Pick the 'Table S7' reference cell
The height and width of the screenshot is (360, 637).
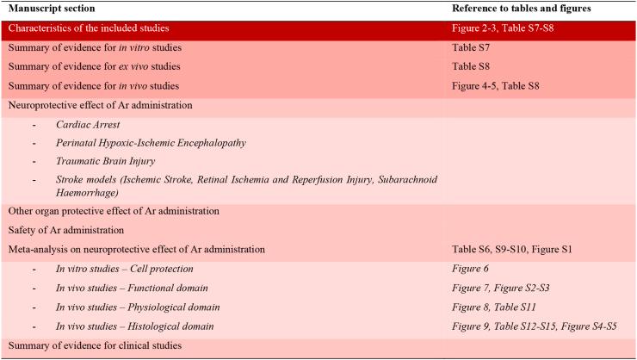point(470,48)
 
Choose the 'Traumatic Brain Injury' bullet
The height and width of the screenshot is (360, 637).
point(117,161)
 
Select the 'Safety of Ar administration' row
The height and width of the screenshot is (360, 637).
point(67,230)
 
